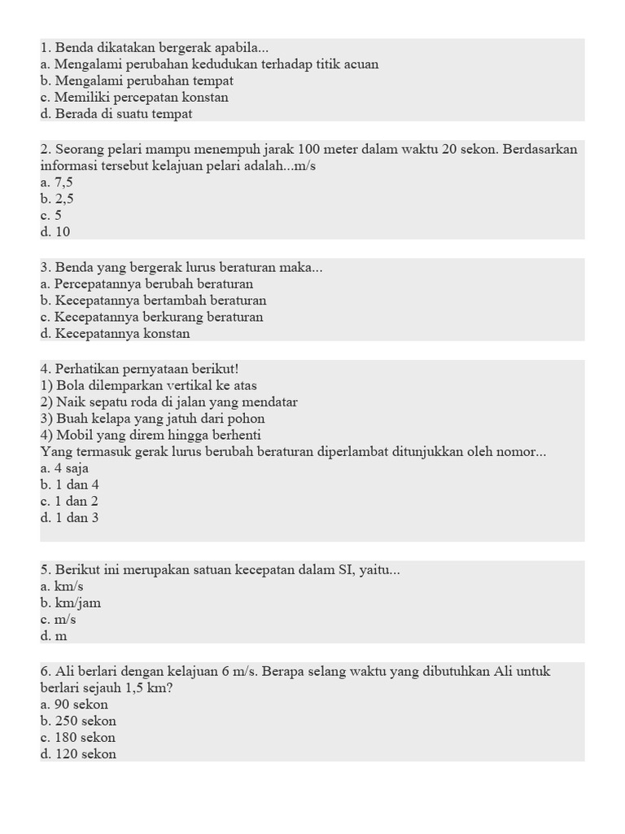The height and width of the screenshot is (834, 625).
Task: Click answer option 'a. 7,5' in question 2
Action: pyautogui.click(x=56, y=182)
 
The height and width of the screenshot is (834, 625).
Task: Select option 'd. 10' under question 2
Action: pyautogui.click(x=55, y=231)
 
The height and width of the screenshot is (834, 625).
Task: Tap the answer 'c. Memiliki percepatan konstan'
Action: pyautogui.click(x=134, y=97)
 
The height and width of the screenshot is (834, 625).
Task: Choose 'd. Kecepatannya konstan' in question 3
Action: pyautogui.click(x=115, y=333)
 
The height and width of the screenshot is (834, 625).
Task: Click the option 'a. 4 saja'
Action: pyautogui.click(x=64, y=468)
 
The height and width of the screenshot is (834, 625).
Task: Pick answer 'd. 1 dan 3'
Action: pyautogui.click(x=69, y=517)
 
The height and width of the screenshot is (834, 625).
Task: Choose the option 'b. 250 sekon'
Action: pyautogui.click(x=78, y=721)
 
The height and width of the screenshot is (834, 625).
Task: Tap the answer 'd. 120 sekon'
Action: pyautogui.click(x=78, y=754)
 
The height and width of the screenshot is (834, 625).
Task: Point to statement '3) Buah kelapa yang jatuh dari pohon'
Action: pyautogui.click(x=143, y=419)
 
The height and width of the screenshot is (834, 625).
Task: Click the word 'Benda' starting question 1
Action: pyautogui.click(x=73, y=48)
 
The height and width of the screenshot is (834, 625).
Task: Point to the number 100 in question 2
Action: pyautogui.click(x=311, y=149)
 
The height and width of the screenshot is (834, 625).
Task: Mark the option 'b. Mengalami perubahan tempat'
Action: pyautogui.click(x=137, y=81)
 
